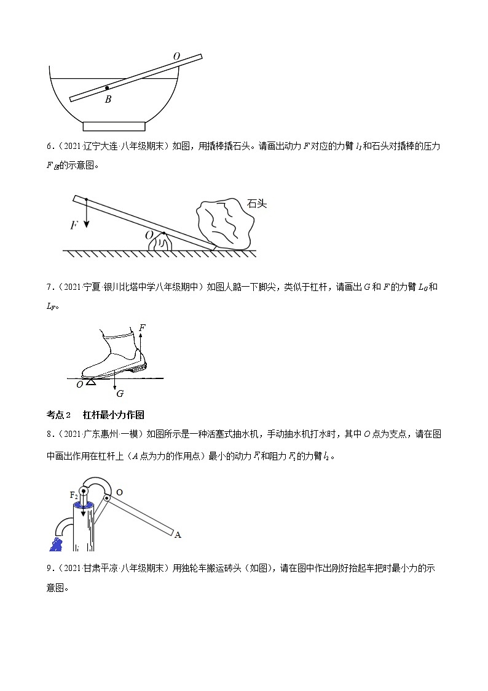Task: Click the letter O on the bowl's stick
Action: [176, 57]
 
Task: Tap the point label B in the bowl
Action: [108, 99]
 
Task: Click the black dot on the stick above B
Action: [107, 88]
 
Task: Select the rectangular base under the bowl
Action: [114, 126]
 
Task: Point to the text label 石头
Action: [256, 204]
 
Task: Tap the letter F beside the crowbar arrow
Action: [74, 225]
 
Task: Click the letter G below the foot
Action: [120, 393]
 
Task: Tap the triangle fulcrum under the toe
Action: [90, 382]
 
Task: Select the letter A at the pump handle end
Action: [178, 535]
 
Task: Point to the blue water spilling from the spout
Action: [57, 544]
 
